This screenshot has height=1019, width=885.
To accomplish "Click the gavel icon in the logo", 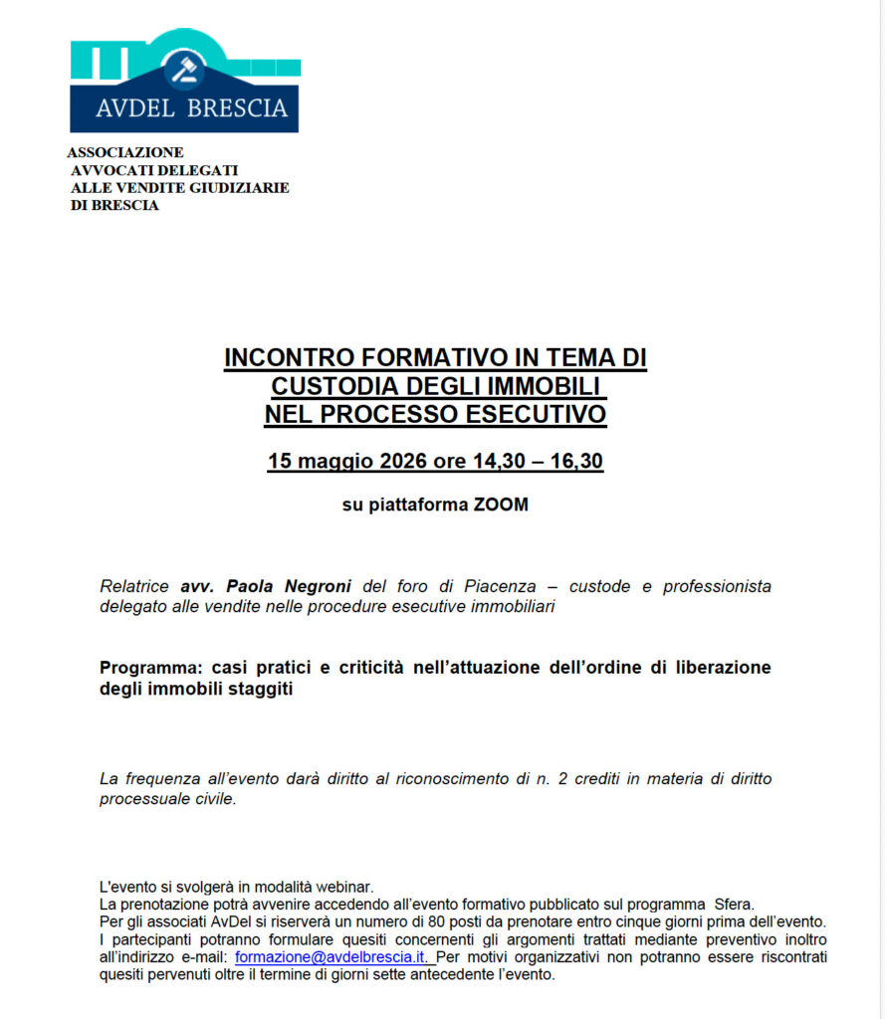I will click(x=185, y=70).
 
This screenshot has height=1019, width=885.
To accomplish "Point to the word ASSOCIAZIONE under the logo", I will click(x=125, y=152).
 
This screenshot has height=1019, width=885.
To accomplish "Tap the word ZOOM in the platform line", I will click(x=501, y=505).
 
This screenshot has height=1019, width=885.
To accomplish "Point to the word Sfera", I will click(x=734, y=905).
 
